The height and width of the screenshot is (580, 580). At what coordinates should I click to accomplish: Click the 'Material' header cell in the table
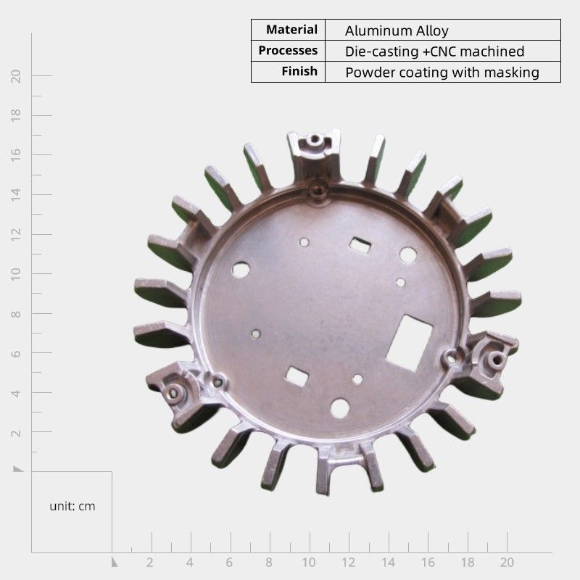pos(291,30)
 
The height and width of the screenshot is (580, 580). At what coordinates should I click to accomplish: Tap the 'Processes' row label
pos(288,50)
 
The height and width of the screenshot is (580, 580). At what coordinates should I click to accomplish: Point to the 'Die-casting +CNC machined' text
pos(434,51)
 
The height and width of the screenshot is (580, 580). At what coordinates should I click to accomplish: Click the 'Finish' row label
pos(299,71)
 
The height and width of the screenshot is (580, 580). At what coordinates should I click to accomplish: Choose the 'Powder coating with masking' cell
pos(442,72)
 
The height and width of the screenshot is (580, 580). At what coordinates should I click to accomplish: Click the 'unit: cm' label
pos(72,506)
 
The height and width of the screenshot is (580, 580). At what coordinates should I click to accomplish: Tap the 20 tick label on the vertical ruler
pos(15,76)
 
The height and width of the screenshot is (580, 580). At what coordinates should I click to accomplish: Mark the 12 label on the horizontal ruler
pos(348,563)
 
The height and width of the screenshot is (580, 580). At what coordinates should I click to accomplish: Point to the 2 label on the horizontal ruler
pos(149,563)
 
